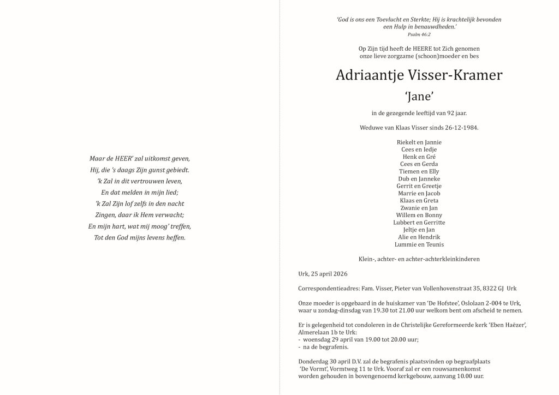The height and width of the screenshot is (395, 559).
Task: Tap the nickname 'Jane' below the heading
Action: pos(419,97)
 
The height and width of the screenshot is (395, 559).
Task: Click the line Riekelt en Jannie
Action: pos(419,142)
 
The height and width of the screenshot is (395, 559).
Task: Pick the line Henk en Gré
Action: pos(419,157)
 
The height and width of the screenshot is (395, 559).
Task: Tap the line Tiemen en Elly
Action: pos(419,171)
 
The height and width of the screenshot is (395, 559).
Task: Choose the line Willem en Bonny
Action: pos(419,215)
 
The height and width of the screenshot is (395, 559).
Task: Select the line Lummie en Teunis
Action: pos(419,244)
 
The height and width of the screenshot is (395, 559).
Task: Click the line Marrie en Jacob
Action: pos(419,193)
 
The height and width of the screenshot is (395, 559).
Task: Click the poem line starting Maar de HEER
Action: pos(139,159)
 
